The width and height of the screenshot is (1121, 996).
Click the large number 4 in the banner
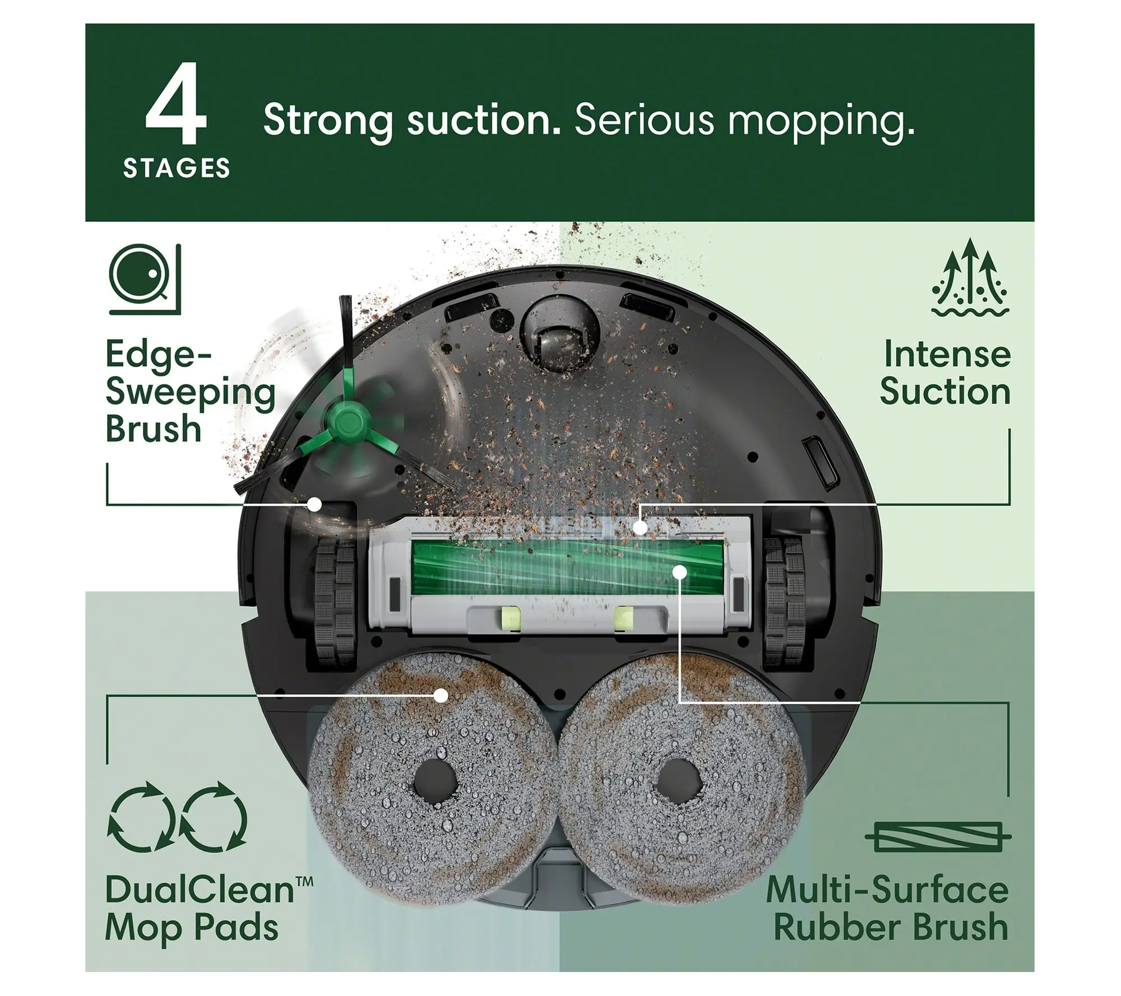pyautogui.click(x=176, y=103)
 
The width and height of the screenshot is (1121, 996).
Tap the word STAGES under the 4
pyautogui.click(x=177, y=169)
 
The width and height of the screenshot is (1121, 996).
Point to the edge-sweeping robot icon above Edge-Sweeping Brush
pyautogui.click(x=145, y=279)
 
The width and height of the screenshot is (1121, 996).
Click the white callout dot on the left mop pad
pyautogui.click(x=442, y=696)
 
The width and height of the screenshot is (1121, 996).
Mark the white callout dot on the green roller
pyautogui.click(x=680, y=571)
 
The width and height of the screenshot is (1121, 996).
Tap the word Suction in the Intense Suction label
pyautogui.click(x=945, y=392)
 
